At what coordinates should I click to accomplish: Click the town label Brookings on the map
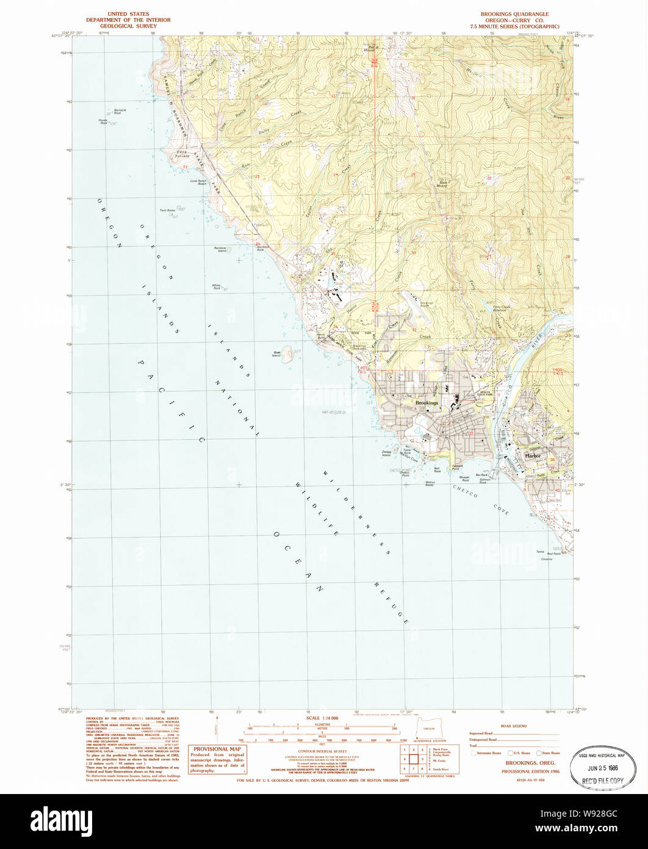point(427,403)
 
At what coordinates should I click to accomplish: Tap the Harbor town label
point(533,456)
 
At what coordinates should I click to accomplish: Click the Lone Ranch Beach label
point(198,183)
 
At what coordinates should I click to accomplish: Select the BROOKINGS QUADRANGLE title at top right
point(514,13)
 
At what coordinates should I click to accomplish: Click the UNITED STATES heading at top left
point(128,13)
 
